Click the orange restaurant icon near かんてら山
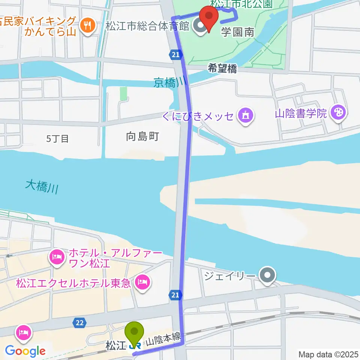coord(88,25)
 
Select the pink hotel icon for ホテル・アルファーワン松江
coord(56,257)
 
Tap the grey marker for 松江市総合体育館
coord(199,26)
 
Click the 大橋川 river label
coord(42,186)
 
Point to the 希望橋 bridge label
coord(223,69)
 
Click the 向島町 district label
coord(142,136)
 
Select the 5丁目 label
coord(57,138)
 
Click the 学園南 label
coord(237,32)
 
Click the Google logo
coord(25,351)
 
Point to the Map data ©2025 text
coord(328,354)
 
